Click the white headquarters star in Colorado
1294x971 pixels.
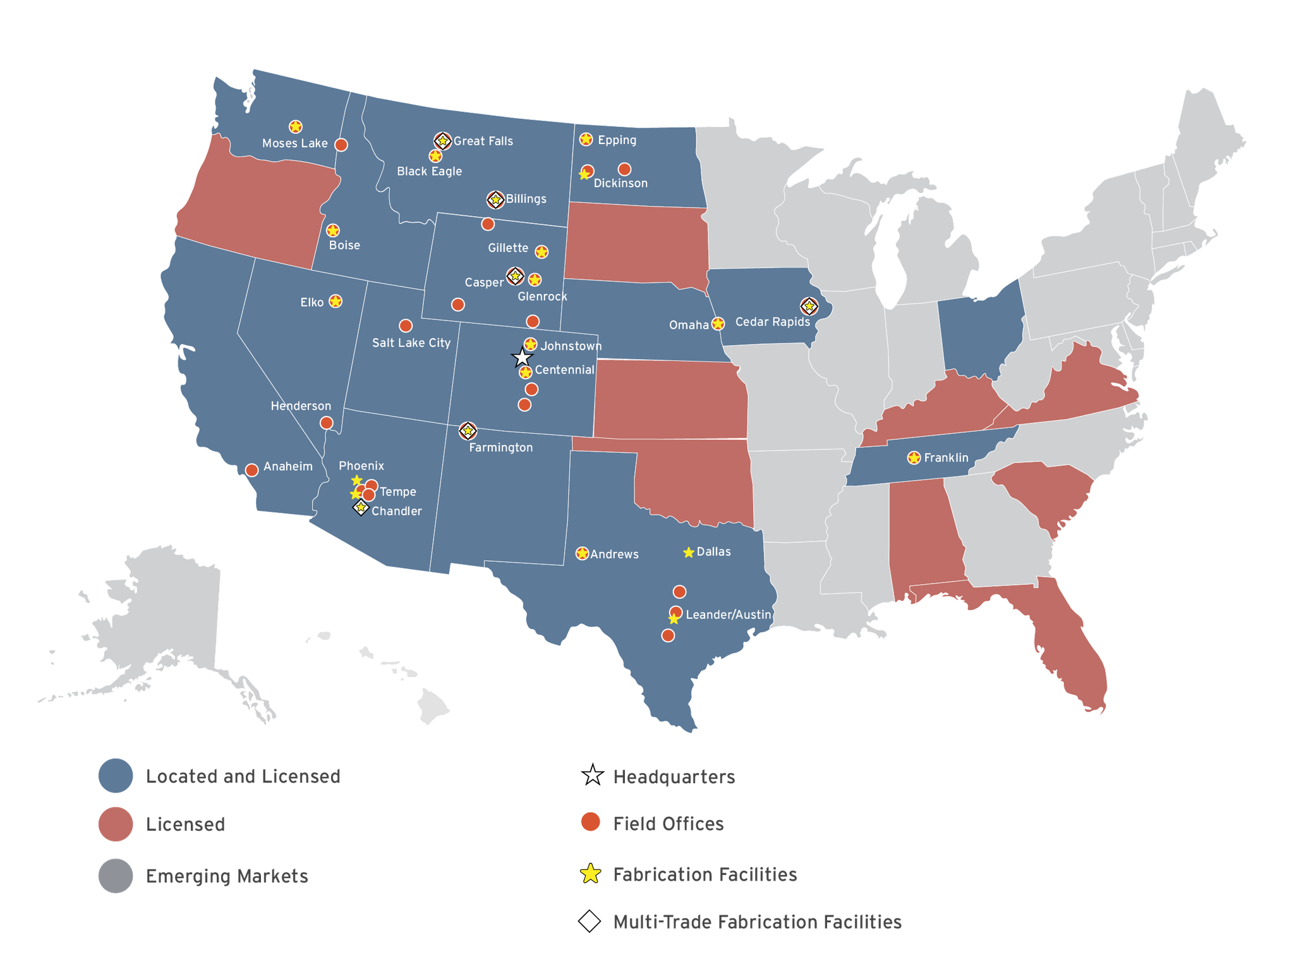(522, 358)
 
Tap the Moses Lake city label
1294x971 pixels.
(294, 144)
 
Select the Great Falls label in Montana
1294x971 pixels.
(483, 141)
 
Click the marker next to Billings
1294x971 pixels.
(496, 200)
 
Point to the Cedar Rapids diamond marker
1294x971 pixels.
(809, 307)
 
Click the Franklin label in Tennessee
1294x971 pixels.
(946, 458)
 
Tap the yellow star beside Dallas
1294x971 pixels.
(689, 553)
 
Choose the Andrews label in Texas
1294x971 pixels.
(614, 554)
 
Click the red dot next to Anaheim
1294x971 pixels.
(251, 470)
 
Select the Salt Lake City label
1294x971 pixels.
(411, 343)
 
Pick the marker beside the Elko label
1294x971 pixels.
(336, 302)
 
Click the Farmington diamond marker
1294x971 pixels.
(468, 431)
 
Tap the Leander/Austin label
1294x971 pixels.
(728, 614)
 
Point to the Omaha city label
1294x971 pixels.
(689, 325)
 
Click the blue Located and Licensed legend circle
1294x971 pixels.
(116, 776)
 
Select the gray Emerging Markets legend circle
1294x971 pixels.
(116, 876)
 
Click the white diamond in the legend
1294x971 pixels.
(590, 922)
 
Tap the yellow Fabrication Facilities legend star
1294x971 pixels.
(590, 874)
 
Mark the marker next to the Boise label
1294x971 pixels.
(332, 231)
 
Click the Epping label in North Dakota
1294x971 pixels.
(617, 140)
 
